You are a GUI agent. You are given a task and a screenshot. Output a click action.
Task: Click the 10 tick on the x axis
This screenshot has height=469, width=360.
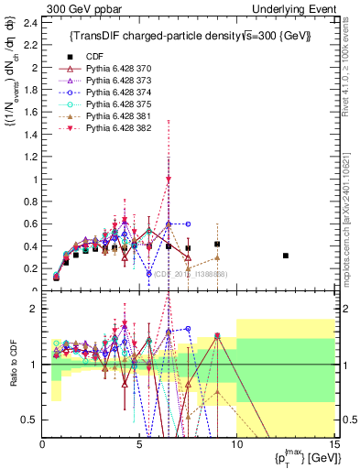[236, 446]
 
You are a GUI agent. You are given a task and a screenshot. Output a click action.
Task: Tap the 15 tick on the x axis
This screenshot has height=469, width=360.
[333, 446]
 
